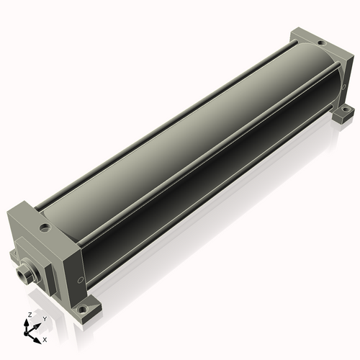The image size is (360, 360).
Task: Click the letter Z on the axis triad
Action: tap(30, 315)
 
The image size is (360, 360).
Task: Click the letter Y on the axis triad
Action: tap(45, 319)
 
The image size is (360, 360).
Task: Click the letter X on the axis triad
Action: tap(45, 340)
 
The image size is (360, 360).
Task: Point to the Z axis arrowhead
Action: tap(26, 323)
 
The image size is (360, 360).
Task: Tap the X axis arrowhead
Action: tap(37, 341)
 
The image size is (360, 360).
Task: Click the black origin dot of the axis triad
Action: tap(26, 334)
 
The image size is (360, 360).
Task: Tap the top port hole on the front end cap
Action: tap(45, 228)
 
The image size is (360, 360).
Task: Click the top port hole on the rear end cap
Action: tap(320, 43)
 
